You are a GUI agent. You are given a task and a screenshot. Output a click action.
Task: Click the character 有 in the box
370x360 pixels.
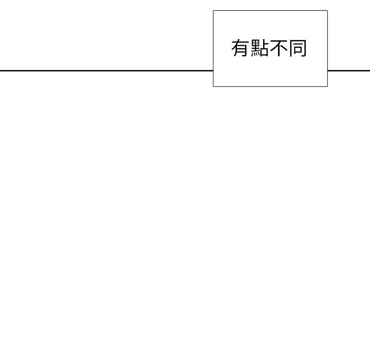point(240,48)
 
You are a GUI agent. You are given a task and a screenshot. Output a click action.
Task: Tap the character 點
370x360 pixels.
point(260,48)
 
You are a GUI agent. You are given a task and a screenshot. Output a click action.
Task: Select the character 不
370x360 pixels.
point(279,48)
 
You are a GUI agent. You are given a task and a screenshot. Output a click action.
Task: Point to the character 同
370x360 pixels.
point(298,48)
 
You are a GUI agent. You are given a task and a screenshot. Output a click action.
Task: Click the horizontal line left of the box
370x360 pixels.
point(107,70)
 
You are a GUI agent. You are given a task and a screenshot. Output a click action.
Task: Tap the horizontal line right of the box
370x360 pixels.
point(349,70)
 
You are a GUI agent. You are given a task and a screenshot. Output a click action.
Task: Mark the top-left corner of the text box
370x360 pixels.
point(213,11)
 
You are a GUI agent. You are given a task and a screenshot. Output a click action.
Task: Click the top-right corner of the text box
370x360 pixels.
point(327,11)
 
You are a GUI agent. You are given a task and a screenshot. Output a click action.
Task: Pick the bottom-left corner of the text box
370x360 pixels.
point(213,86)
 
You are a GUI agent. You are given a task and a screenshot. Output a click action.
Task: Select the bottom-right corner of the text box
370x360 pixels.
point(327,86)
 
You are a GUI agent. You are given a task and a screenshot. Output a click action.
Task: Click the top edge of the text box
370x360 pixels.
point(270,11)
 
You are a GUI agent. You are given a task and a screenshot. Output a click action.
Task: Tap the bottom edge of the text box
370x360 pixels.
point(270,86)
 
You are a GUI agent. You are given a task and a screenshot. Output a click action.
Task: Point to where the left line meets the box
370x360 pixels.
point(213,70)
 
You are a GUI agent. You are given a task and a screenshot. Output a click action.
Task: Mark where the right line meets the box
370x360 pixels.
point(327,70)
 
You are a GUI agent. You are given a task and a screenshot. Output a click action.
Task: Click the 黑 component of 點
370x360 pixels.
point(255,48)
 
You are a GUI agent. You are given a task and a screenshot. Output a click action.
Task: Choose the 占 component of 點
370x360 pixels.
point(265,48)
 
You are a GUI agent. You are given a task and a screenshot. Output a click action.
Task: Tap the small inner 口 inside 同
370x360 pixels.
point(298,50)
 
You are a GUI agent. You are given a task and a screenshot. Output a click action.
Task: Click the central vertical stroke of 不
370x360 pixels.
point(279,50)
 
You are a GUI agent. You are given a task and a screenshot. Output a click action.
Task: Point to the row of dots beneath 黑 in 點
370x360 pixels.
point(255,55)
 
